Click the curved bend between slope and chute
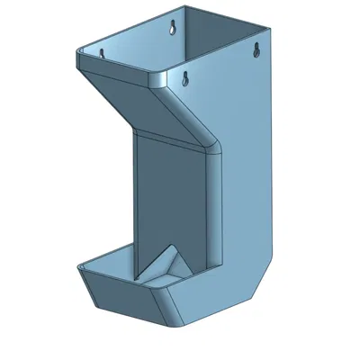pos(213,144)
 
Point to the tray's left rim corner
pos(82,267)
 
